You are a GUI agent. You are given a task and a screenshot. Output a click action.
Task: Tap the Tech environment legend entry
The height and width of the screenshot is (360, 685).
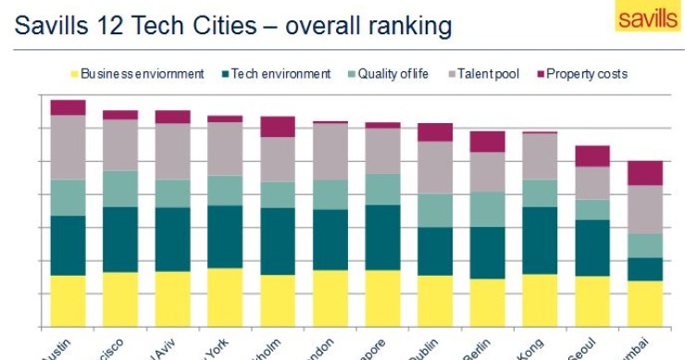(278, 74)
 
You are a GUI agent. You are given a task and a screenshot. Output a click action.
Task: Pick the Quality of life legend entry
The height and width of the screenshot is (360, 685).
(388, 74)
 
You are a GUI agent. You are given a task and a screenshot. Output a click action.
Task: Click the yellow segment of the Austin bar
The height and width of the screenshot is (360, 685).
(68, 301)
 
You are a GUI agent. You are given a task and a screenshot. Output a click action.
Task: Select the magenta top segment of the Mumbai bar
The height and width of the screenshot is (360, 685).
(645, 173)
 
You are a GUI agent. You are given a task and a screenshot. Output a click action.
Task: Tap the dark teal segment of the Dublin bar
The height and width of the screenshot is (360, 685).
(435, 251)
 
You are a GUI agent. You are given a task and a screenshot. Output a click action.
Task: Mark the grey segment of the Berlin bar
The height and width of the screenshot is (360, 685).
(487, 171)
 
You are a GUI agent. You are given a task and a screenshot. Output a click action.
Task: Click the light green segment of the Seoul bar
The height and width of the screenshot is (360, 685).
(592, 209)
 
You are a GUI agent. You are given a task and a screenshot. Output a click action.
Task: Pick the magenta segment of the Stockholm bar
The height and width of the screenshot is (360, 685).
(278, 127)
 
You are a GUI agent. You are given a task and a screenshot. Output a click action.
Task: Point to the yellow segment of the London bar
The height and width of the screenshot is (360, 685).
(330, 298)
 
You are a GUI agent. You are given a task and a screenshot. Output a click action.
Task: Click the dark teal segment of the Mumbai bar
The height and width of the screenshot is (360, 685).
(645, 268)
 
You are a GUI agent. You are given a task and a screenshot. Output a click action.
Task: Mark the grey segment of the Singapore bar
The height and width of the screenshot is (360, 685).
(382, 151)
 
